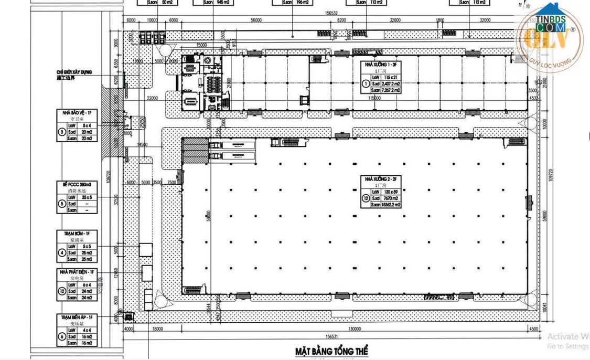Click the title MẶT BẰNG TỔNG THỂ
pos(332,350)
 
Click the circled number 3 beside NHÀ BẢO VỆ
pos(62,132)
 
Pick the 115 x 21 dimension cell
pos(389,77)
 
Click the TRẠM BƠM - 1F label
pos(77,234)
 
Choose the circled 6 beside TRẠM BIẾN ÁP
pos(62,336)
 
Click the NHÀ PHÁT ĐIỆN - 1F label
pos(77,272)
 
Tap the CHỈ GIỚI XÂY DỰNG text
pos(74,72)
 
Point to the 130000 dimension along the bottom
pos(355,329)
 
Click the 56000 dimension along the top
pos(256,20)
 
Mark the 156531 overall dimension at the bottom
pos(330,337)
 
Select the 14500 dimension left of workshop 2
pos(142,144)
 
